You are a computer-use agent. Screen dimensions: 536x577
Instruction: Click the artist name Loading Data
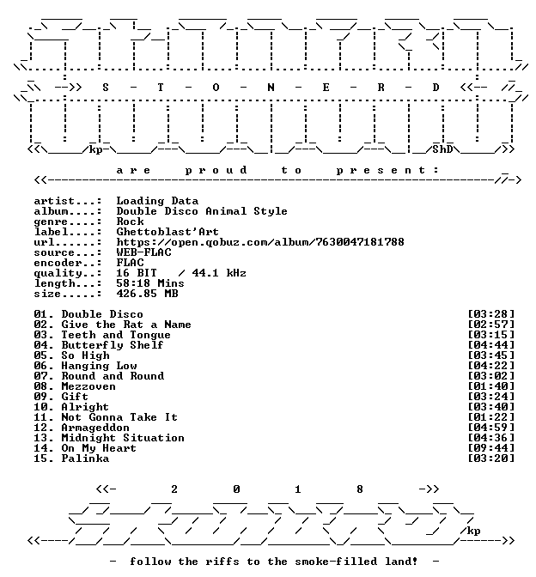(x=157, y=201)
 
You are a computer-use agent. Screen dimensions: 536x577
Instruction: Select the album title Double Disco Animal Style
(x=202, y=211)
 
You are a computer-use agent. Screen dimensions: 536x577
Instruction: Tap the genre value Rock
(x=130, y=222)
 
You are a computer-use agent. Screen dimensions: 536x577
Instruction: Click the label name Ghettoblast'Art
(x=167, y=232)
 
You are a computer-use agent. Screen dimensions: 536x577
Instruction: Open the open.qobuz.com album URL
(x=260, y=242)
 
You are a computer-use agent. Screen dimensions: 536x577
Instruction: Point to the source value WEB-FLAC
(x=144, y=252)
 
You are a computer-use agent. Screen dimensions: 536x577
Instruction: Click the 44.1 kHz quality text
(x=219, y=273)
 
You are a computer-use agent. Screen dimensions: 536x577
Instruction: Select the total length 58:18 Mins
(x=150, y=283)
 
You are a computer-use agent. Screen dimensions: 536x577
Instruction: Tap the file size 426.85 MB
(x=147, y=294)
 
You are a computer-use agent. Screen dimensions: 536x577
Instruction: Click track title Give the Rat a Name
(x=126, y=325)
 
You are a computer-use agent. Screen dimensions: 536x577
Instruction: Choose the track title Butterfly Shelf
(x=113, y=345)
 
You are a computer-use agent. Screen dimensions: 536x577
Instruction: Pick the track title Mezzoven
(x=88, y=386)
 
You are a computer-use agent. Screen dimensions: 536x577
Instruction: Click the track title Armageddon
(x=95, y=428)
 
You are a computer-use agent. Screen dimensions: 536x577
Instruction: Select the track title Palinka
(x=85, y=459)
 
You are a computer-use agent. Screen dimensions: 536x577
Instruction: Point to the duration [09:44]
(x=491, y=448)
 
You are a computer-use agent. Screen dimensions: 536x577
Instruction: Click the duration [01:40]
(x=491, y=386)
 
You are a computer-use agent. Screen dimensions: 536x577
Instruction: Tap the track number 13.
(x=41, y=438)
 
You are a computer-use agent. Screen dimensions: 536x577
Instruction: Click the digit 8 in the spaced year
(x=360, y=489)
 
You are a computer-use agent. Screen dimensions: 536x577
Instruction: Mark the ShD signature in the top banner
(x=442, y=149)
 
